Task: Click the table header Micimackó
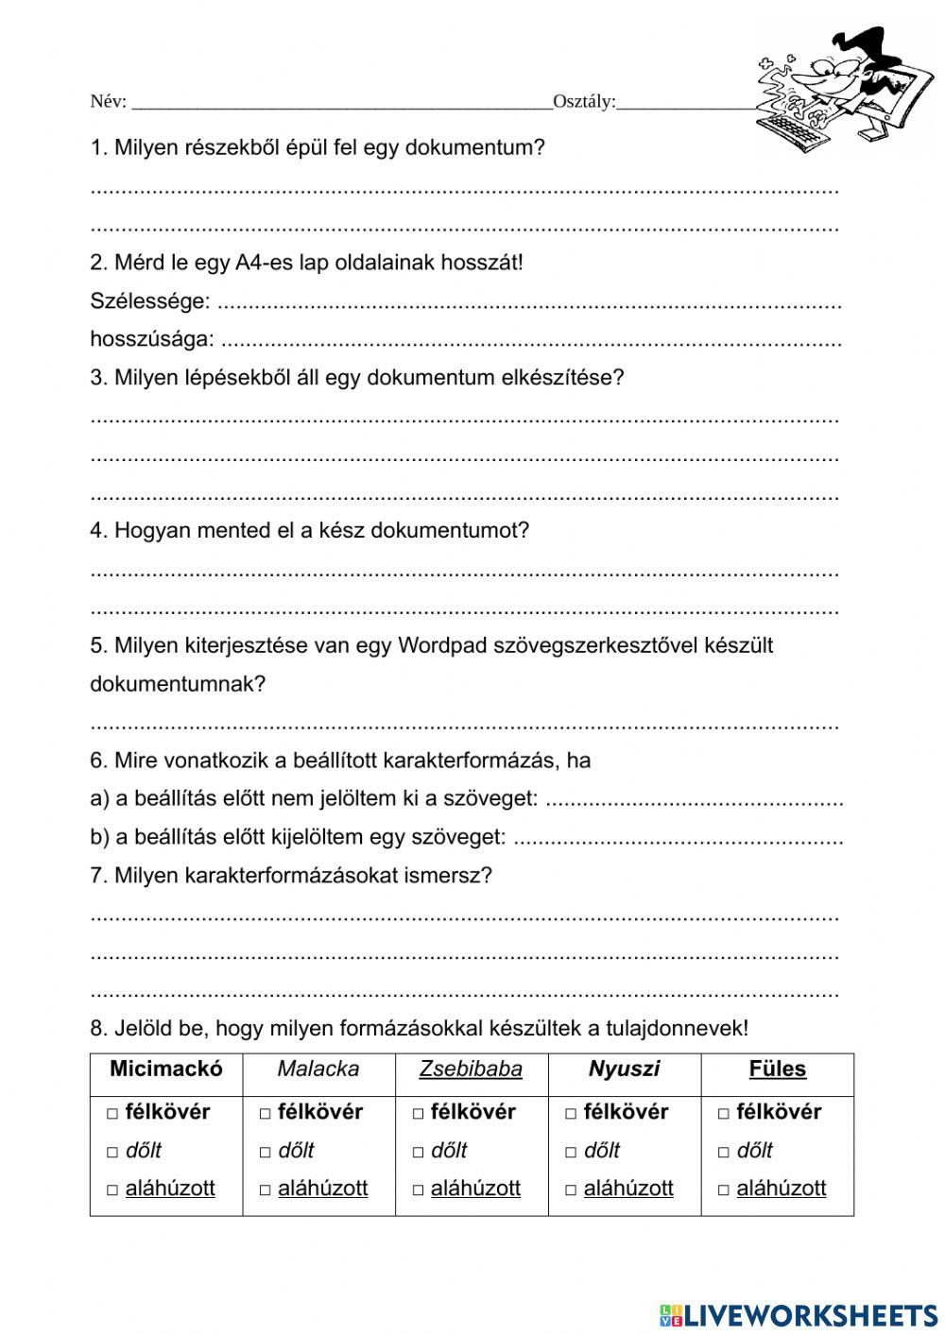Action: [166, 1069]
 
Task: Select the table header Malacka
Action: [318, 1069]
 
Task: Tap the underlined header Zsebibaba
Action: [471, 1069]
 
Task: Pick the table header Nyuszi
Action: [624, 1069]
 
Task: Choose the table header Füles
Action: [777, 1069]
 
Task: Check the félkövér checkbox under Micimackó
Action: [112, 1114]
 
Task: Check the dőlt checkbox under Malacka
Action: [266, 1152]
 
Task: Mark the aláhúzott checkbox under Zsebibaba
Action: [419, 1190]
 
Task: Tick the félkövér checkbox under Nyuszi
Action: [571, 1114]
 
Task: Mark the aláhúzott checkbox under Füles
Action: [724, 1190]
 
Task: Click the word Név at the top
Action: [107, 102]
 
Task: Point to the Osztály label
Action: [583, 102]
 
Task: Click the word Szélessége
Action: [149, 301]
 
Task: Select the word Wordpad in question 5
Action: [438, 645]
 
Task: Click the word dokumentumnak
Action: [177, 684]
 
